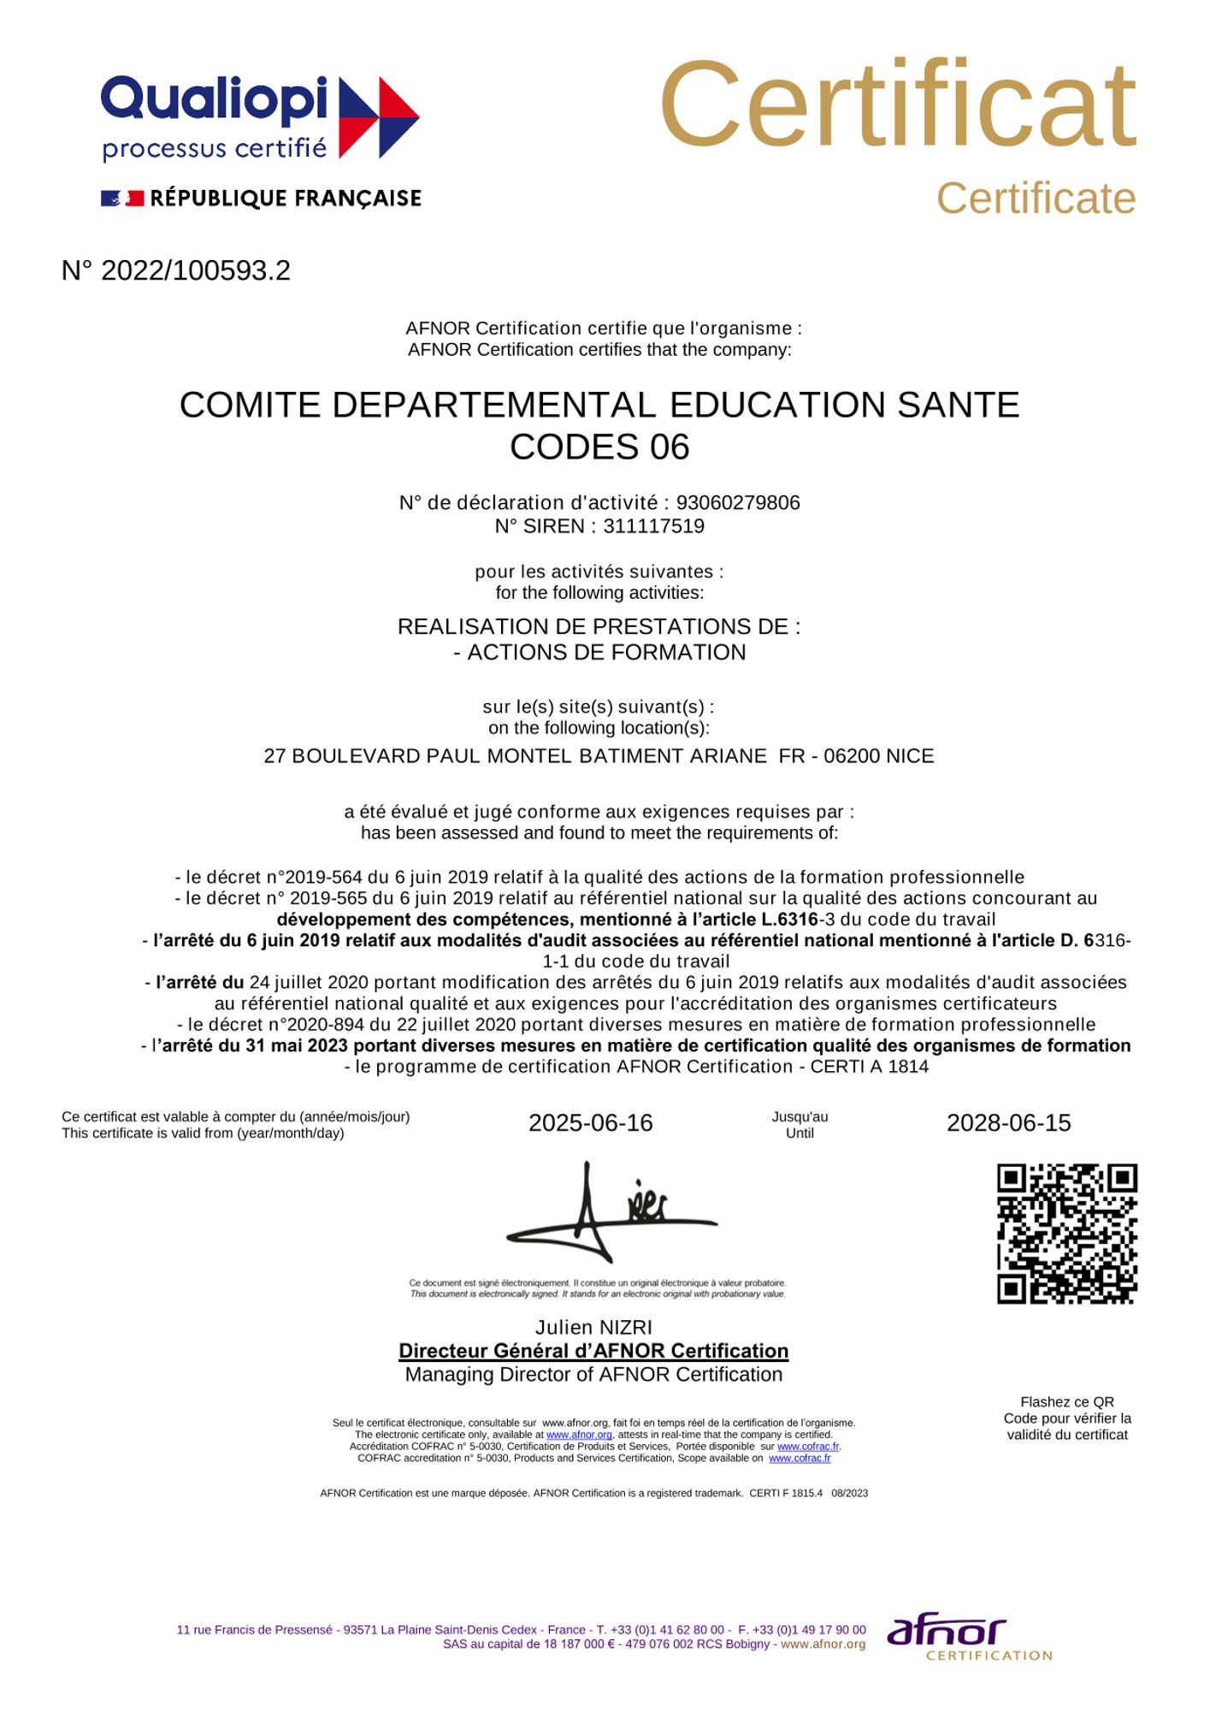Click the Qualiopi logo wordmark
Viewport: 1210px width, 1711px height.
coord(214,101)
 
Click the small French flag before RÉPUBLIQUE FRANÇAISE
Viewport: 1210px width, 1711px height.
coord(121,198)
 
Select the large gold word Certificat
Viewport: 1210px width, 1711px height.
coord(897,106)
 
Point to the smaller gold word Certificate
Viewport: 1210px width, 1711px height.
coord(1036,199)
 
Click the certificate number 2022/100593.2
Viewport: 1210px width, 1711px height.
coord(196,270)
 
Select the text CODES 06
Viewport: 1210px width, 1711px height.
coord(599,447)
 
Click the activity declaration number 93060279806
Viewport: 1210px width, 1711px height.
coord(738,502)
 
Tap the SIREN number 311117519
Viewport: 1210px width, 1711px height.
coord(654,526)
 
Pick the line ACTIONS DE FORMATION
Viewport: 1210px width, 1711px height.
coord(606,652)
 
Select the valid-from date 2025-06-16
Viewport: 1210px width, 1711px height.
coord(590,1123)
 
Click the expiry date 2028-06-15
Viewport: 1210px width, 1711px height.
coord(1008,1123)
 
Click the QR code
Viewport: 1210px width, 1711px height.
coord(1067,1233)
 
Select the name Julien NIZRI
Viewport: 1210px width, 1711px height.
coord(593,1328)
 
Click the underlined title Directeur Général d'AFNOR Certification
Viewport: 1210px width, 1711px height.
coord(593,1351)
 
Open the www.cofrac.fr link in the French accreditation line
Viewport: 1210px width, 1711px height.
coord(808,1447)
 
